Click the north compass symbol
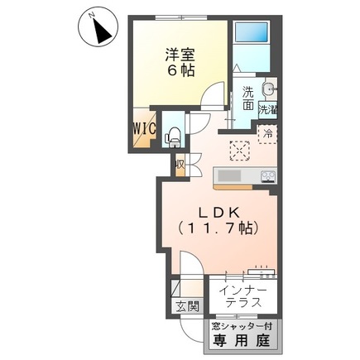tap(102, 31)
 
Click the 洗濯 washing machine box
tap(267, 109)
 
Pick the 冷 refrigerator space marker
tap(267, 132)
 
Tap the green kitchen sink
tap(228, 176)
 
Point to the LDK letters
tap(214, 212)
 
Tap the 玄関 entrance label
tap(186, 307)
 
